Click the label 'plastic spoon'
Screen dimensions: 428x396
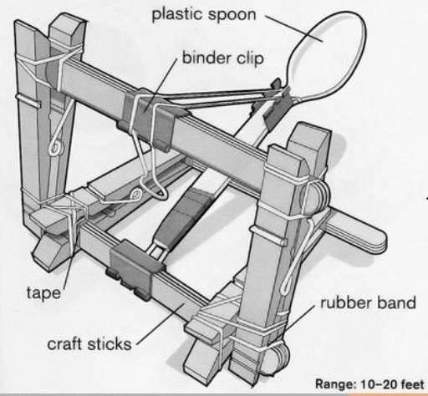pyautogui.click(x=204, y=14)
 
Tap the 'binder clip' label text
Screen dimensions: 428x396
pyautogui.click(x=222, y=58)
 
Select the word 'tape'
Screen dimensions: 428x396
pyautogui.click(x=43, y=293)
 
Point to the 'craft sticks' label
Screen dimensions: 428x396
pyautogui.click(x=89, y=344)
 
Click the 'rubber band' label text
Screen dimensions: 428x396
pyautogui.click(x=368, y=302)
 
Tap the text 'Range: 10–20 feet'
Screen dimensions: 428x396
pyautogui.click(x=369, y=384)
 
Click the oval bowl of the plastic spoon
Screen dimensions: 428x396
pyautogui.click(x=327, y=54)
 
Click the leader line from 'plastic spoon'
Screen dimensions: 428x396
pyautogui.click(x=294, y=28)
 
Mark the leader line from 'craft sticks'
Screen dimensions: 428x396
pyautogui.click(x=160, y=324)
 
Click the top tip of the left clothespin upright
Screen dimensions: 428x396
pyautogui.click(x=67, y=20)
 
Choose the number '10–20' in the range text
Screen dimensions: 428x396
pyautogui.click(x=379, y=384)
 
